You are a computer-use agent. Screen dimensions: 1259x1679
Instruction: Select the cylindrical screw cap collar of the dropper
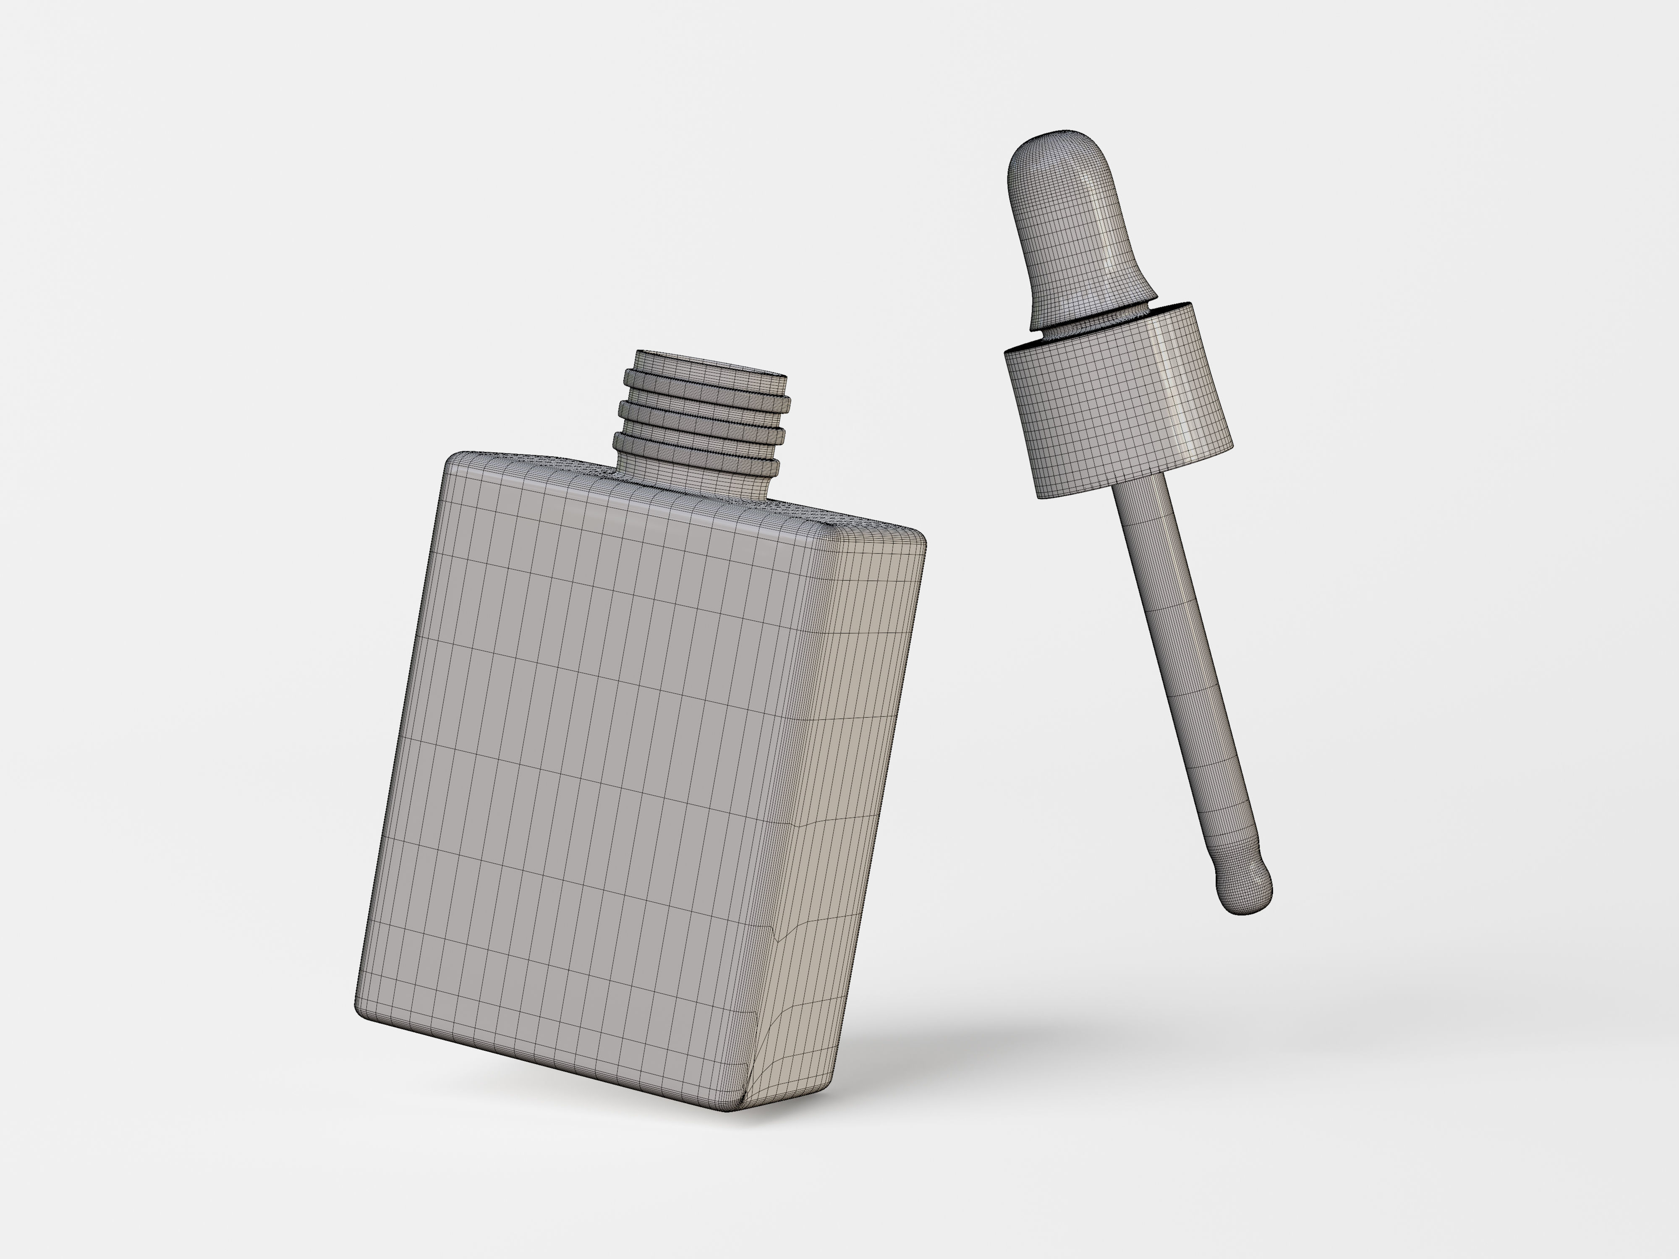tap(1116, 402)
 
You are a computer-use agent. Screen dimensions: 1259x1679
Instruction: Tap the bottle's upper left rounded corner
tap(455, 461)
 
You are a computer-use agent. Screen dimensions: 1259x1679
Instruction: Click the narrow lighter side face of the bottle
tap(842, 797)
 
